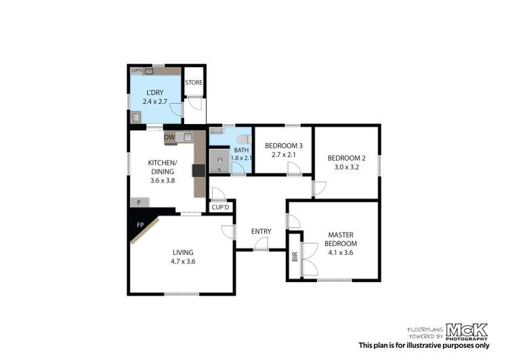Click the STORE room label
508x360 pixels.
pos(194,83)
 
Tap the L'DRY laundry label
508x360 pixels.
pos(155,92)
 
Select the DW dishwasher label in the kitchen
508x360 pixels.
pos(169,137)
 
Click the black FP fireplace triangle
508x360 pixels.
pos(140,223)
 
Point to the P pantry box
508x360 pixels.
pos(140,203)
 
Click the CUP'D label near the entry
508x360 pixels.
pos(220,207)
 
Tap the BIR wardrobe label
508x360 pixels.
pos(295,257)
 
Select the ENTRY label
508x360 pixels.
pos(261,231)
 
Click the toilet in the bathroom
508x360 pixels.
pos(245,140)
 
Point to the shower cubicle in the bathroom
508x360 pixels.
pos(219,161)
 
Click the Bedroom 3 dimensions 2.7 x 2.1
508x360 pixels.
pos(284,155)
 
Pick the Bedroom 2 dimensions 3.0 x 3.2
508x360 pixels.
pos(347,167)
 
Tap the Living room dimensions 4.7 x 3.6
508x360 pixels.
pos(183,262)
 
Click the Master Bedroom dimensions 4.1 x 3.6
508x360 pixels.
pos(341,253)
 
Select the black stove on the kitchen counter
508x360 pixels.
pos(198,171)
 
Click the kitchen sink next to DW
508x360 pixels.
pos(188,136)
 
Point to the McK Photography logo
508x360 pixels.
pos(467,332)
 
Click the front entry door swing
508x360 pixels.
pos(261,243)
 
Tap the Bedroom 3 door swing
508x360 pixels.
pos(294,169)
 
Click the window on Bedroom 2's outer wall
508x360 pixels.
pos(379,165)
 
